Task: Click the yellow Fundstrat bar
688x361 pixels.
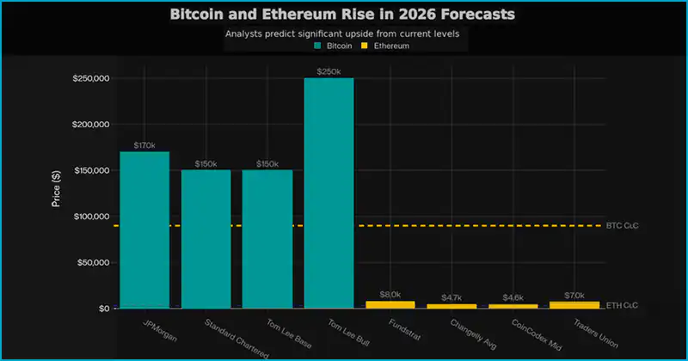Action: pos(390,304)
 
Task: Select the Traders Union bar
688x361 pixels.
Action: pos(574,304)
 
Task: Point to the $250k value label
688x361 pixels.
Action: pos(329,70)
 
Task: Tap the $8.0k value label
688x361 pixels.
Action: pos(390,294)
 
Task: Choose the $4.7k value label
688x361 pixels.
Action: pos(451,297)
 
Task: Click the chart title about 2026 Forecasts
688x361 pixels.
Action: pos(344,15)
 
